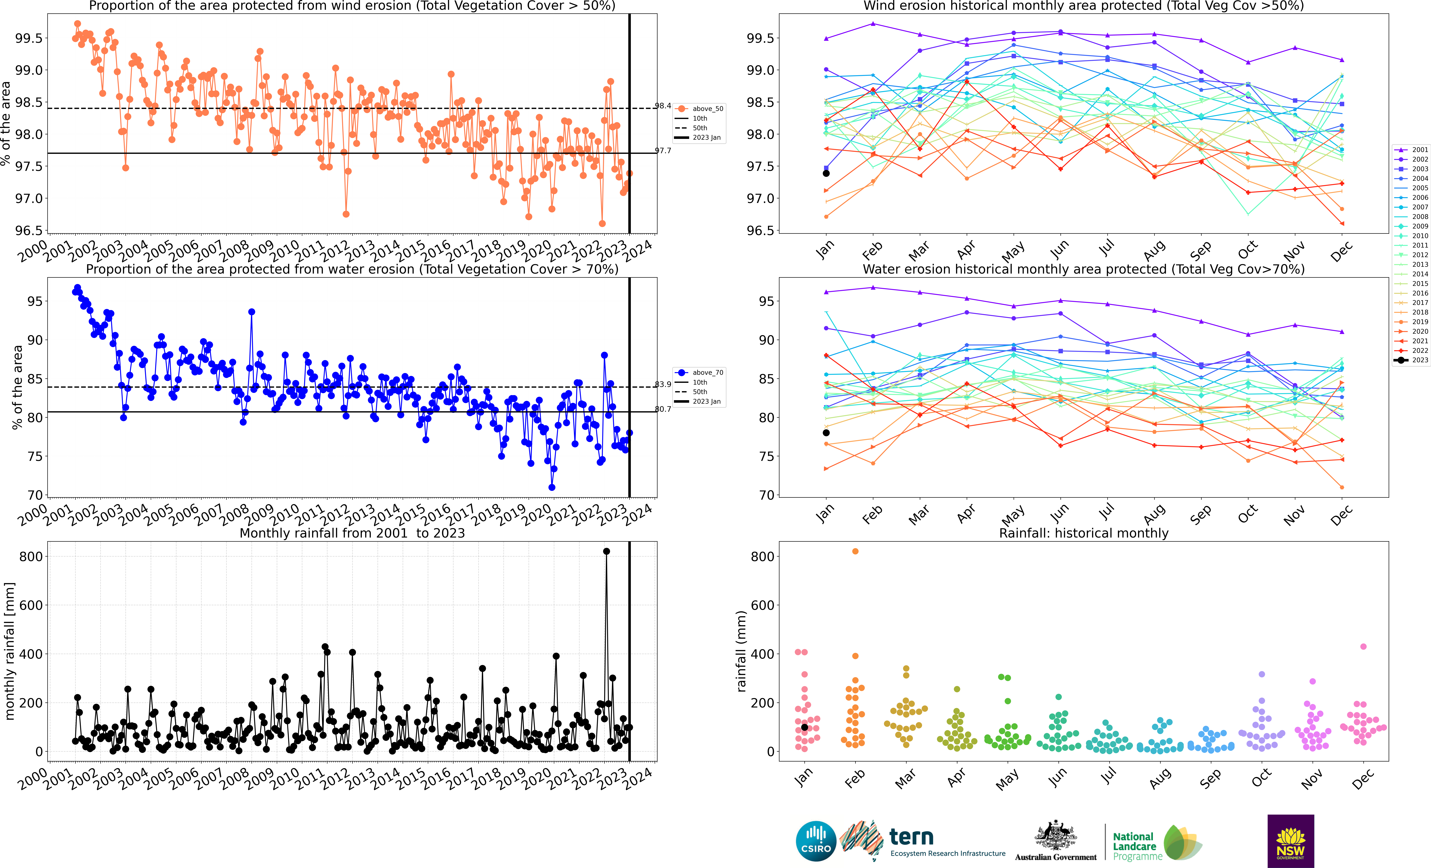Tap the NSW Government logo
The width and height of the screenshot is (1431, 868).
[1290, 841]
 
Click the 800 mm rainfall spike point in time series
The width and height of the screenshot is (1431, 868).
[606, 552]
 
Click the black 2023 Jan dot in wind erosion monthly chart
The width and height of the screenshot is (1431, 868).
[826, 173]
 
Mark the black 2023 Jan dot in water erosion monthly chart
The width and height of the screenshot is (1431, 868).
[826, 433]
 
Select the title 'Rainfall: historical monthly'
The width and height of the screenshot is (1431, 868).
[1084, 533]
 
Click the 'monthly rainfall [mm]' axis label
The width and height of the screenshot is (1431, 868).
[10, 651]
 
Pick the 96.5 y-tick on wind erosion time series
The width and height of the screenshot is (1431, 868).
[29, 231]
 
